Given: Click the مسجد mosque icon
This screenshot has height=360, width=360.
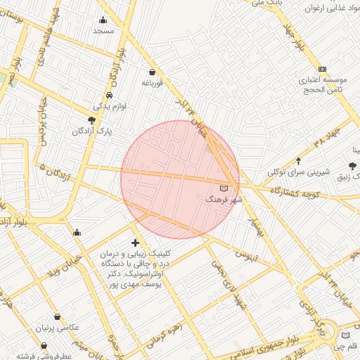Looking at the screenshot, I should click(104, 20).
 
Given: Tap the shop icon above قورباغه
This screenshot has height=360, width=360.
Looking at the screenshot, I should click(153, 71).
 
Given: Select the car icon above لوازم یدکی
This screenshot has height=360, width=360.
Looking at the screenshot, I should click(110, 95).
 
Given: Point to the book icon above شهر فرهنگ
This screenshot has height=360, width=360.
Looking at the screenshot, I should click(224, 188).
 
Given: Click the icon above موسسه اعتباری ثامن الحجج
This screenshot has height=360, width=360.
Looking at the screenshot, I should click(323, 69).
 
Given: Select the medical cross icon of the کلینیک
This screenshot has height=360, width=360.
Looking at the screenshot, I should click(136, 243).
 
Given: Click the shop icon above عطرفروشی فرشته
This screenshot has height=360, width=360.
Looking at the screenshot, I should click(44, 345).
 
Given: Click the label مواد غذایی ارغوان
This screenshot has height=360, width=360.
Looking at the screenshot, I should click(333, 8).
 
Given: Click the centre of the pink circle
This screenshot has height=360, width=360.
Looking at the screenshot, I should click(180, 179).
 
